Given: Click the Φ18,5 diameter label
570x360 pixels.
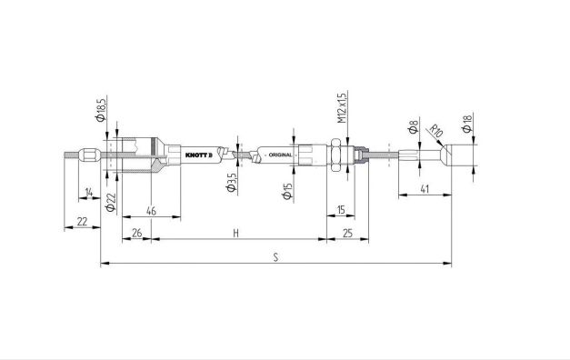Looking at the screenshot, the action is click(101, 108).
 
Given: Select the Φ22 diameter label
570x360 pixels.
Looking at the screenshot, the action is click(110, 202).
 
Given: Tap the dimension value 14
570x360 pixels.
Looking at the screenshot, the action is click(89, 192).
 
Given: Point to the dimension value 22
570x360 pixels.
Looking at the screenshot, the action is click(83, 221).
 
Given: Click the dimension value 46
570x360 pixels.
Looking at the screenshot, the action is click(151, 211).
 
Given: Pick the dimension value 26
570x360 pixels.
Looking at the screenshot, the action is click(137, 233).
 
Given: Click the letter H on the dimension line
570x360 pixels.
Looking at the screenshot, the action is click(236, 233).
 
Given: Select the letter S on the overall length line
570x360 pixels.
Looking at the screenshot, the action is click(276, 257).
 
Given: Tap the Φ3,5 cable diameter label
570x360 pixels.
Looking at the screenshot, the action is click(232, 182).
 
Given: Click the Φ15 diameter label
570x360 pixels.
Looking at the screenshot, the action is click(287, 191).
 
